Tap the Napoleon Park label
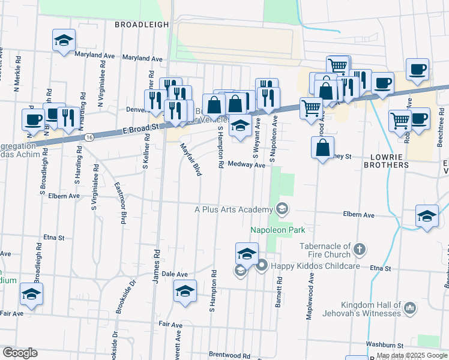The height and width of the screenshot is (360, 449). [277, 230]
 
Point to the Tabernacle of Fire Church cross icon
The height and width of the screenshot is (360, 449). [359, 248]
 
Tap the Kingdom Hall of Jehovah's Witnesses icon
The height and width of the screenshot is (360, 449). [411, 308]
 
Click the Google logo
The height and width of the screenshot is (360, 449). [20, 353]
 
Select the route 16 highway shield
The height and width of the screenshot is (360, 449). [89, 137]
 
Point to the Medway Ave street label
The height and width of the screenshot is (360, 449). [247, 164]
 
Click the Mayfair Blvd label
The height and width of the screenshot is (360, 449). [191, 158]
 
